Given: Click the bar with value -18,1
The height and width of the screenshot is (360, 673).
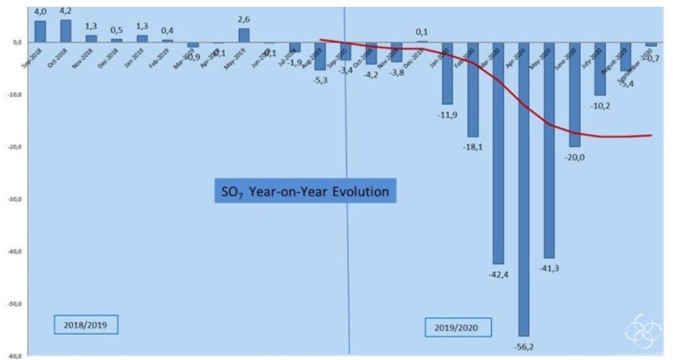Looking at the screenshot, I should [x=473, y=89].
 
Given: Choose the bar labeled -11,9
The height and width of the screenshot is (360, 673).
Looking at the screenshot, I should [x=447, y=73].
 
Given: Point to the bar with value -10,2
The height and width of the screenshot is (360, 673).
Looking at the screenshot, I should [x=600, y=68].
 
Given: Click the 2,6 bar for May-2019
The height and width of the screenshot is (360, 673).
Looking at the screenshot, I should [x=244, y=35].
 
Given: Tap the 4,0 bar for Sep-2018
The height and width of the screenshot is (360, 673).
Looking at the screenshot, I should [x=40, y=31].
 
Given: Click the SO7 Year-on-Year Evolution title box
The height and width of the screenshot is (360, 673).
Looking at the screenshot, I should [x=305, y=191].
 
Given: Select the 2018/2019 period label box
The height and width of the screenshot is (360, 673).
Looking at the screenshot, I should [x=85, y=324].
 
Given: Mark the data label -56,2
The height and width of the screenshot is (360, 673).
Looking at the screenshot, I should [x=524, y=347].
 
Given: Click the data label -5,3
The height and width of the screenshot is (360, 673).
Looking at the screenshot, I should [x=320, y=80].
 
